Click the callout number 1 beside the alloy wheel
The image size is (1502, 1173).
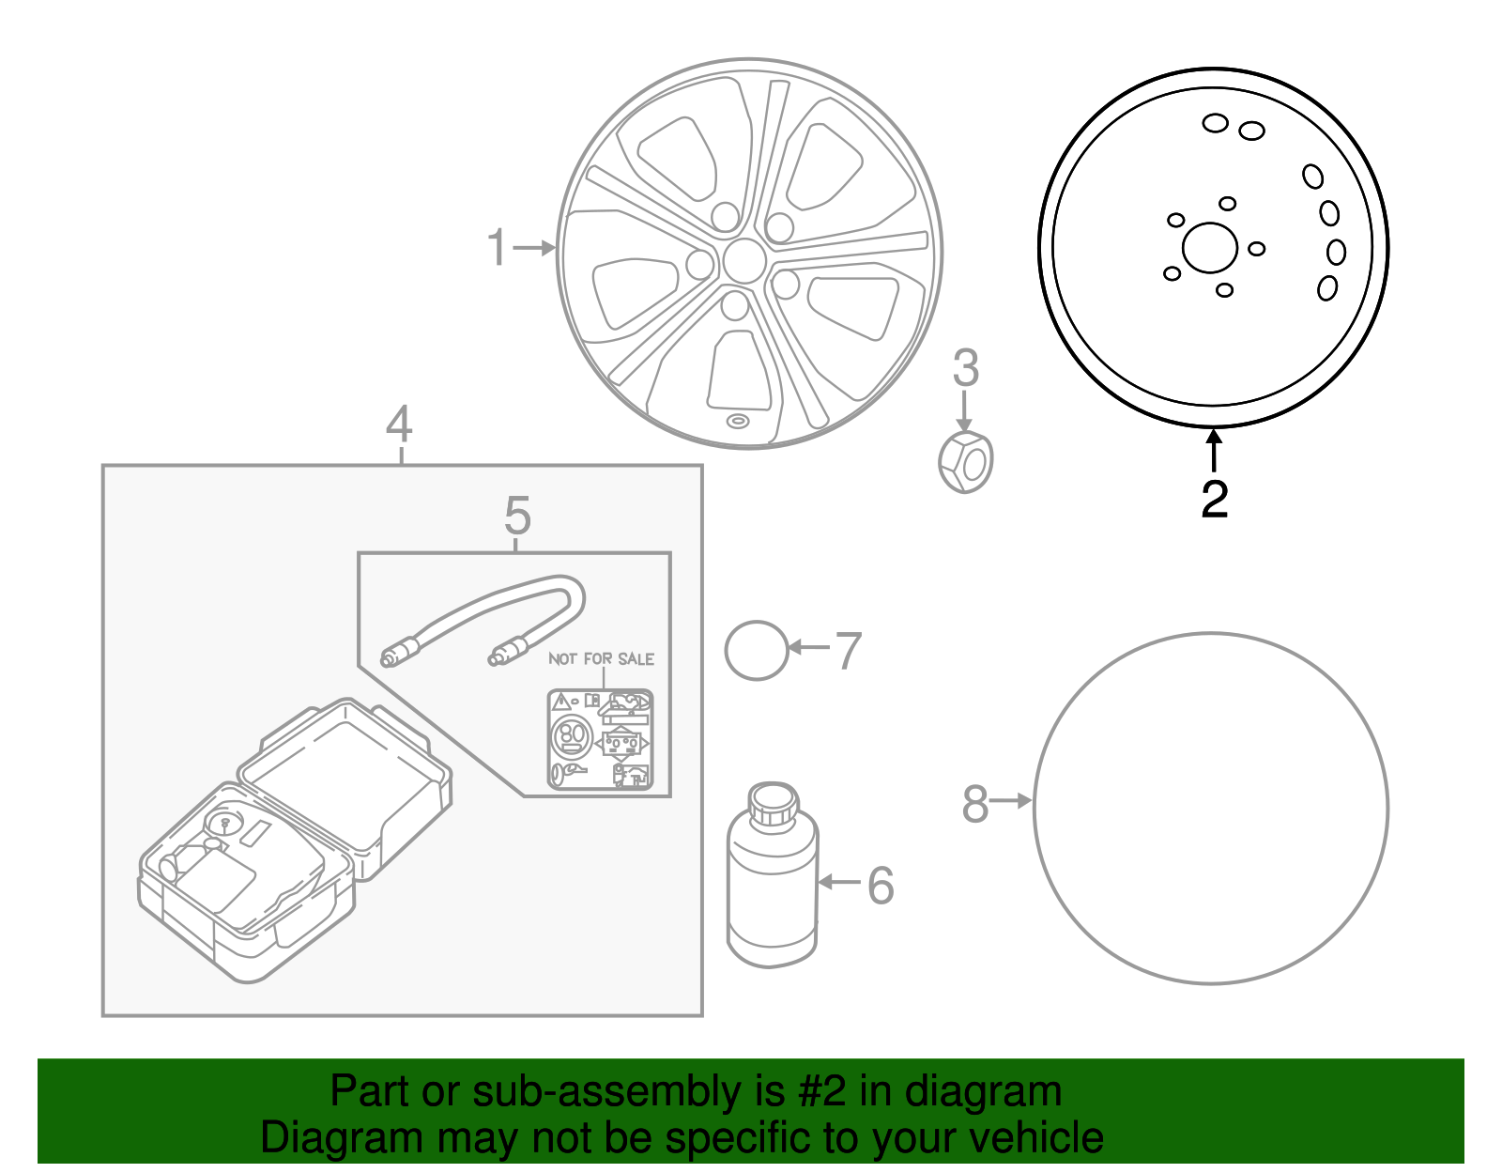click(x=498, y=248)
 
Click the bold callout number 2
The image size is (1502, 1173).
click(x=1215, y=499)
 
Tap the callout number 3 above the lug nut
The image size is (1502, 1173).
click(x=965, y=368)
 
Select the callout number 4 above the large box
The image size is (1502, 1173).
click(x=399, y=424)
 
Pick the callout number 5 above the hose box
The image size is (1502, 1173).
click(x=517, y=516)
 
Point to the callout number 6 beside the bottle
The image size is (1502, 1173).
click(x=881, y=885)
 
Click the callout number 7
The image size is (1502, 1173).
click(x=848, y=651)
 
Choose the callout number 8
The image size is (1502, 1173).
click(x=975, y=805)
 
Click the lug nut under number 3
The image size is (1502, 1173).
click(x=966, y=462)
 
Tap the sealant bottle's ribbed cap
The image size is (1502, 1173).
click(x=774, y=804)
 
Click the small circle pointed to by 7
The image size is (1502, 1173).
click(x=757, y=650)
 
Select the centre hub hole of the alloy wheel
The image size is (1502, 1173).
click(x=744, y=260)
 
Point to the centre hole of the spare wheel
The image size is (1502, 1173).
click(x=1210, y=248)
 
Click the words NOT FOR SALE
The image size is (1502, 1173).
click(x=601, y=659)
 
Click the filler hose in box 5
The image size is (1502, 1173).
click(x=488, y=619)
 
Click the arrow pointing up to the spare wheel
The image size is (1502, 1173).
click(x=1214, y=449)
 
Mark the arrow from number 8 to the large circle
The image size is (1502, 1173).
click(x=1012, y=801)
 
